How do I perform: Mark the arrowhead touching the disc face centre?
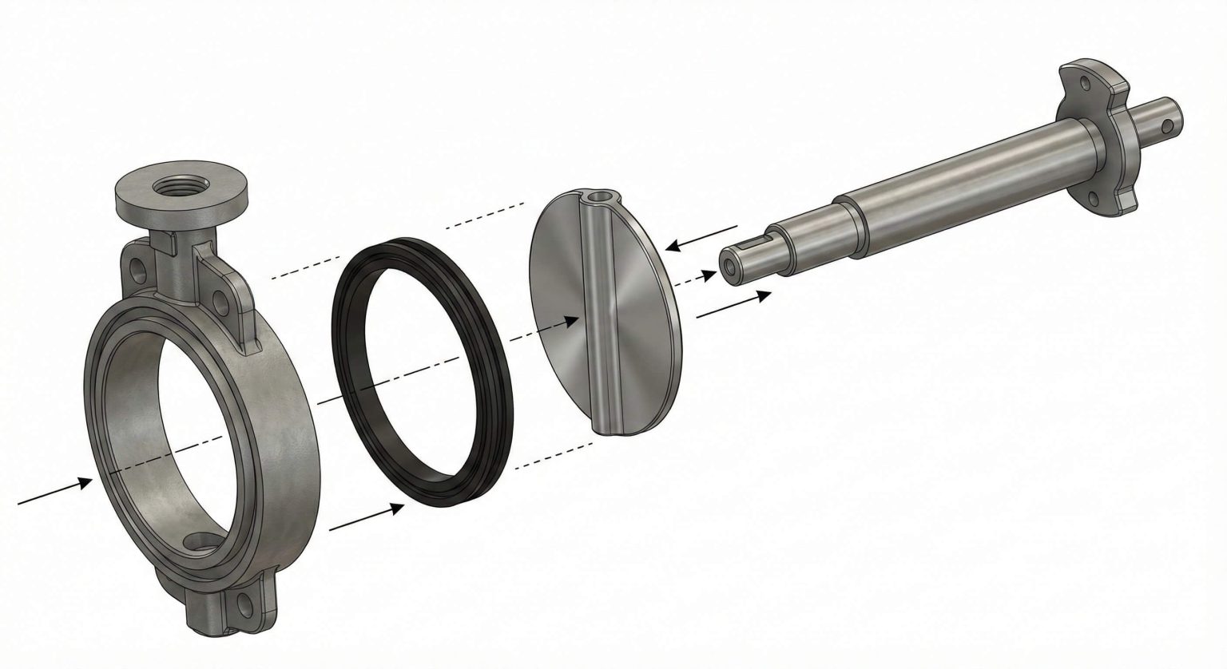573,320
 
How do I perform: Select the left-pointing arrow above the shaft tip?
695,237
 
